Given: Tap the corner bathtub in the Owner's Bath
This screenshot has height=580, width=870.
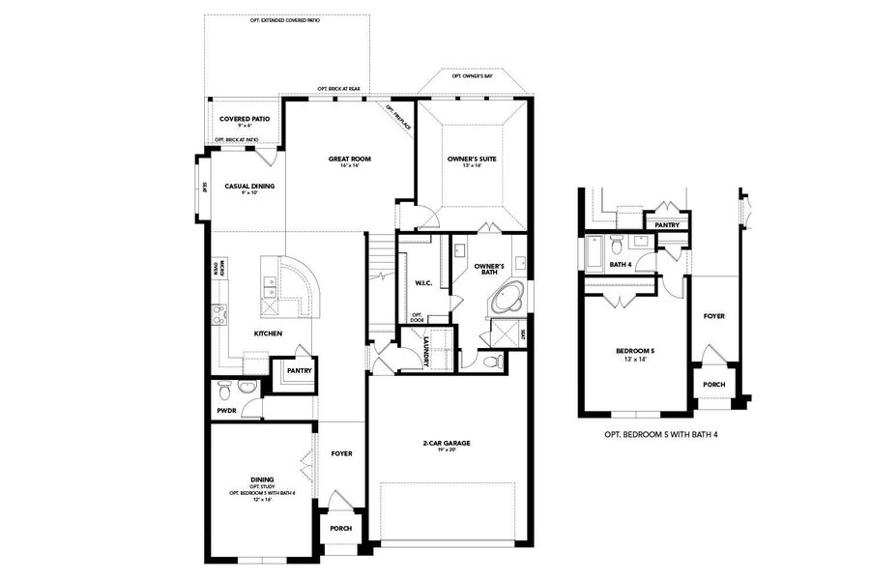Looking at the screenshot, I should point(506,300).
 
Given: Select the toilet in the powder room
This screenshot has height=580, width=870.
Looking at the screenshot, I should point(224,390).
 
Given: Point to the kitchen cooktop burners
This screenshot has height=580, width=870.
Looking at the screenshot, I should point(218,313).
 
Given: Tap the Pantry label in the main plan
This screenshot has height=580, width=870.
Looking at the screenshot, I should point(299,369).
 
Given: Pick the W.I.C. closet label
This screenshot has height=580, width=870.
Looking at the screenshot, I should point(422,283).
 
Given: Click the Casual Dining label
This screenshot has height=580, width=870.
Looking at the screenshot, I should point(249,188).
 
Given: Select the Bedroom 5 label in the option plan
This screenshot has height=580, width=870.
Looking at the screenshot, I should point(635,353).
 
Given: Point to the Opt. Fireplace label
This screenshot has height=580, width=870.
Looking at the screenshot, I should point(398,116).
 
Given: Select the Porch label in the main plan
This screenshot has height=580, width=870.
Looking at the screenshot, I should point(340,528).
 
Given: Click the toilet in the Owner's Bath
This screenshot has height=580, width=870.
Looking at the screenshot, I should point(492,361).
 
